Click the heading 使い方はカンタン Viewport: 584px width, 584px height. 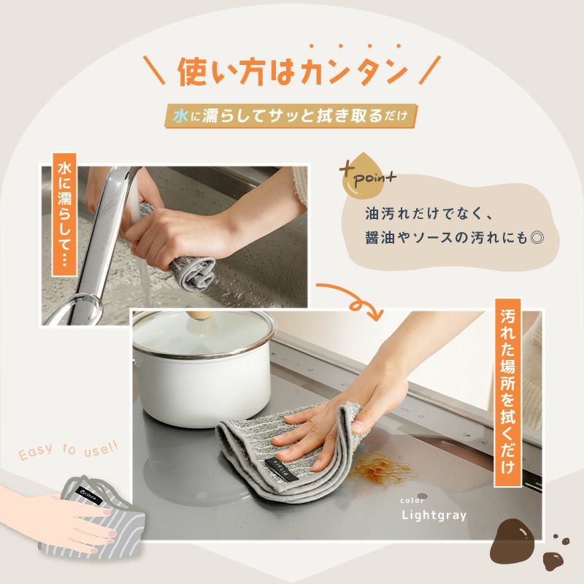(x=292, y=72)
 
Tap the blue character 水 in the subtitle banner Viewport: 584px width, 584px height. (x=180, y=117)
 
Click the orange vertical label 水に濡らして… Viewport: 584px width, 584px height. (x=64, y=215)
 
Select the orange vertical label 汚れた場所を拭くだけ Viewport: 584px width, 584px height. (x=507, y=393)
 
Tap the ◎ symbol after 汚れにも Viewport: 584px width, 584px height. (x=537, y=238)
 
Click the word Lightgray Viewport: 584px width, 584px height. (x=434, y=515)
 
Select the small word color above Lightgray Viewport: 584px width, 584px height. (x=412, y=501)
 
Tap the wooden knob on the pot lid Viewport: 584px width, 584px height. (x=200, y=316)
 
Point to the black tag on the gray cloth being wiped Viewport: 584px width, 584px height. (x=282, y=469)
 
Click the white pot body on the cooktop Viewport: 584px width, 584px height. (x=203, y=388)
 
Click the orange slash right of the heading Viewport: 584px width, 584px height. (x=429, y=70)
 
